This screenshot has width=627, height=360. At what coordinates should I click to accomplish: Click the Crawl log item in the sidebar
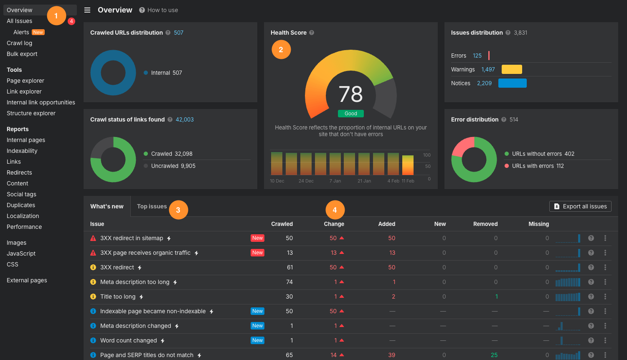point(19,43)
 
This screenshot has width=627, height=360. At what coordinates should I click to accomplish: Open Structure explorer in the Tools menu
point(31,113)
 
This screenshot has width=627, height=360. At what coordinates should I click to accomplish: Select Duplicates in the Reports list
point(21,205)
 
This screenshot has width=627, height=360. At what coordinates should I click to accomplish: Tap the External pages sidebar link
point(27,280)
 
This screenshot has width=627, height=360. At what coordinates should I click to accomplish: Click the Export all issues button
point(580,206)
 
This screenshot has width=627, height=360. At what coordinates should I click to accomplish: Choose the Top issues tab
point(152,206)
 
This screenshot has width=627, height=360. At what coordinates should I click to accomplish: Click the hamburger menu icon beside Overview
point(87,10)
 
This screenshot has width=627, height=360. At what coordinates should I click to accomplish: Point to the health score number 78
point(350,94)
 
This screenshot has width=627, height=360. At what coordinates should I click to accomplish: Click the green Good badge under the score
point(350,114)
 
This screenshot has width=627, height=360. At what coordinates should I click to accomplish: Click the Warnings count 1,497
point(488,69)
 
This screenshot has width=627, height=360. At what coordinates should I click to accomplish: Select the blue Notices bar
point(512,83)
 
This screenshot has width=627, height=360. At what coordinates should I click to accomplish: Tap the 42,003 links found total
point(185,119)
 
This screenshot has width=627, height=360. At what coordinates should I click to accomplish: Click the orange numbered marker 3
point(178,210)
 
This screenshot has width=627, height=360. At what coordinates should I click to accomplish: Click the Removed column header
point(485,224)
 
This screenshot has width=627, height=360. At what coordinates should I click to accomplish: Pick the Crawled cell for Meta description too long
point(289,282)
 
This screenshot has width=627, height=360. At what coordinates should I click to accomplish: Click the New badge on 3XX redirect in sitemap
point(257,238)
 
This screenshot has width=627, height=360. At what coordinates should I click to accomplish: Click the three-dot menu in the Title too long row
point(605,297)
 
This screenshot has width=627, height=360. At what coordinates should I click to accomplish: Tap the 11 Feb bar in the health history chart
point(408,165)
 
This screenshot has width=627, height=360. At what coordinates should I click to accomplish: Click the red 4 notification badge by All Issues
point(71,21)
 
